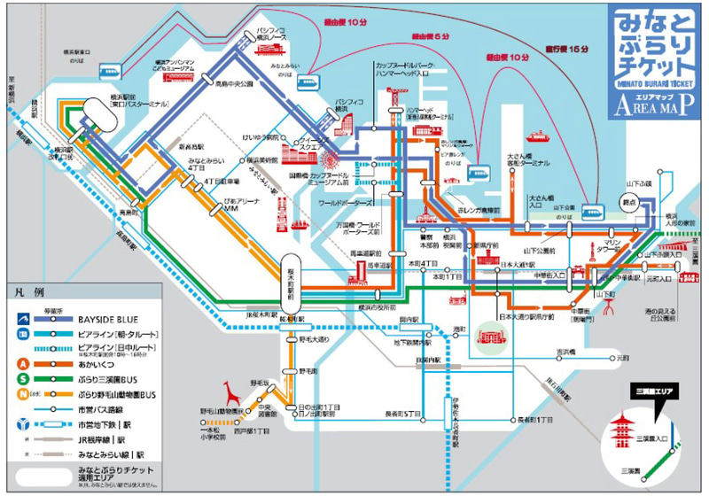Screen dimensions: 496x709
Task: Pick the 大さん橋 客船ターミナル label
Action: tap(529, 160)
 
